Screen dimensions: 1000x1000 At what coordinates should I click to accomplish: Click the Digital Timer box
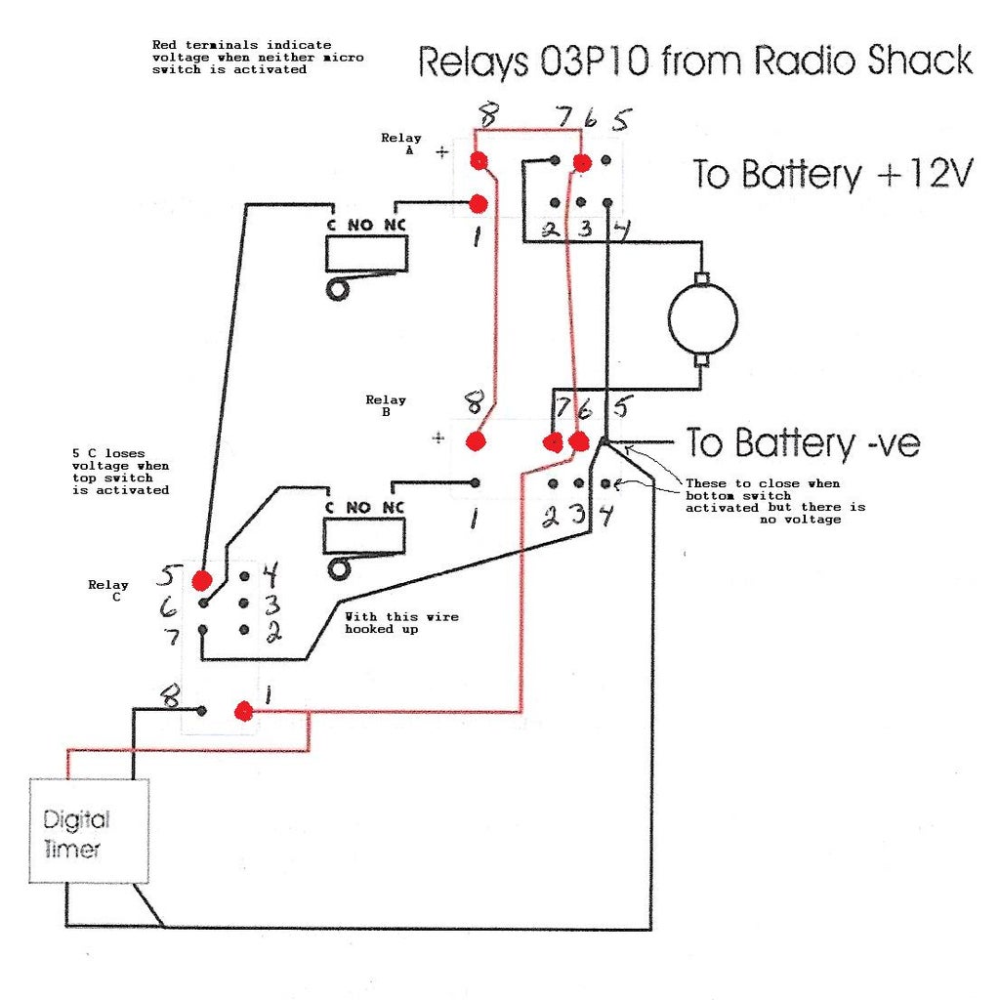[88, 831]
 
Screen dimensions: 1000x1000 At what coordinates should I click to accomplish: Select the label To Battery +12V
[833, 175]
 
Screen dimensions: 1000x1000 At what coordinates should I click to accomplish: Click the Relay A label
[401, 145]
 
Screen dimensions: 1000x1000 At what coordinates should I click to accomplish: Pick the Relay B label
[386, 405]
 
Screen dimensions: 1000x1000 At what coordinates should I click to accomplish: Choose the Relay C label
[107, 591]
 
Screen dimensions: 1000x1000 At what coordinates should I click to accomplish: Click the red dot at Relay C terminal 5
[202, 580]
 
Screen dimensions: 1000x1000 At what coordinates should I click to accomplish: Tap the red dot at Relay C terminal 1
[244, 711]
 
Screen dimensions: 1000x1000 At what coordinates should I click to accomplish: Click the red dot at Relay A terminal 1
[478, 203]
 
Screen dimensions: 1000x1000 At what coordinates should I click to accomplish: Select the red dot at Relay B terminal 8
[476, 441]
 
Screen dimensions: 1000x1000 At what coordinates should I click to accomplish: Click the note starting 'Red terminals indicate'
[258, 58]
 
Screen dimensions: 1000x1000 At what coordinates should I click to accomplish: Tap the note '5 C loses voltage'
[120, 472]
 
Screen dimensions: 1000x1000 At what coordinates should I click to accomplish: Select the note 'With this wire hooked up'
[401, 623]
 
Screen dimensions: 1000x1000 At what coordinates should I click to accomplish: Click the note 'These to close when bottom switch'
[774, 501]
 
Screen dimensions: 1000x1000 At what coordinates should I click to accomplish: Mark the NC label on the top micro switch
[394, 224]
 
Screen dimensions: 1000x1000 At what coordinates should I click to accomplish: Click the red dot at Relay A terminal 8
[478, 160]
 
